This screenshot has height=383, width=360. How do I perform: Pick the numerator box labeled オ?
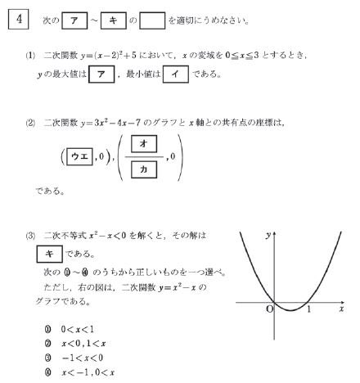tap(144, 145)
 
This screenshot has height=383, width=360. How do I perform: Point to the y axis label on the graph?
tap(269, 235)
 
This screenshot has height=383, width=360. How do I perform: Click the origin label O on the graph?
tap(268, 309)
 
